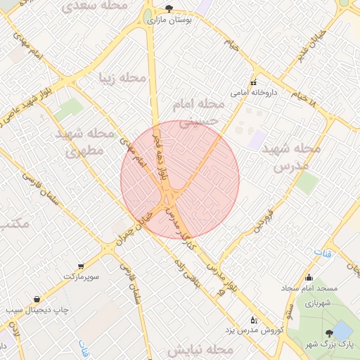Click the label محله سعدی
[95, 6]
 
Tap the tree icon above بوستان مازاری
[169, 8]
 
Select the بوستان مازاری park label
[169, 21]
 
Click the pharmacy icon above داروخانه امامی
[254, 82]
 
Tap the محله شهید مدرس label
[291, 158]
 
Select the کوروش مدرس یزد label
[257, 330]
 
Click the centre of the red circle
[180, 179]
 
